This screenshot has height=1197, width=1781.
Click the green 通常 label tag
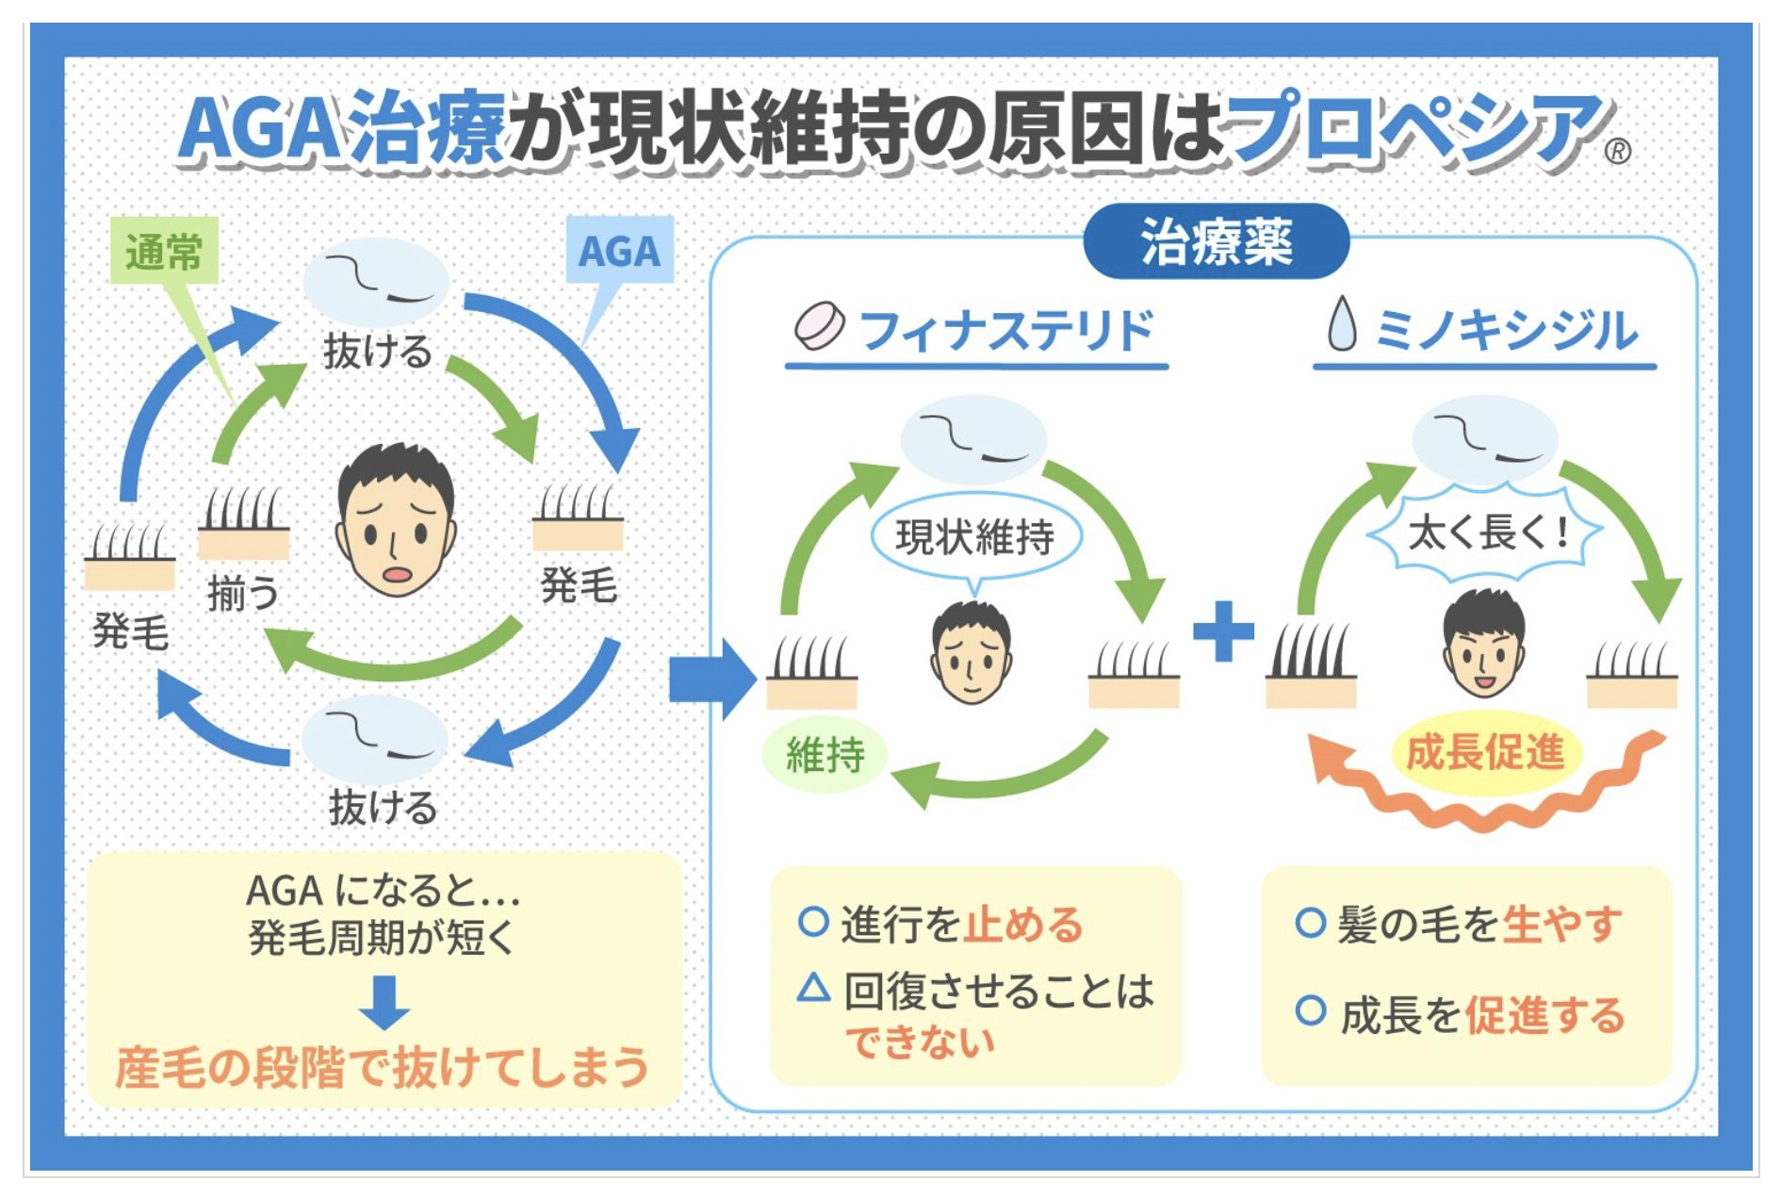pos(164,251)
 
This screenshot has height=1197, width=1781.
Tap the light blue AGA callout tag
pos(619,250)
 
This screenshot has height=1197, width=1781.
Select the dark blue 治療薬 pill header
pos(1216,242)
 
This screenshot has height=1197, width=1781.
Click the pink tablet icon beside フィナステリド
pos(819,326)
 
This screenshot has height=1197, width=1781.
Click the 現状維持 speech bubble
pos(975,536)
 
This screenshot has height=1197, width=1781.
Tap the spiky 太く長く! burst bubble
pos(1485,533)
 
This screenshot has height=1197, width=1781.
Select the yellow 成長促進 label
pos(1485,753)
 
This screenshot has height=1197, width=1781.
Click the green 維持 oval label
pos(825,755)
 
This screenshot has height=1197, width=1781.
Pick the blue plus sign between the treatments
pos(1223,631)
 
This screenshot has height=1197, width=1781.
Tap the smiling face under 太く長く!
pos(1483,644)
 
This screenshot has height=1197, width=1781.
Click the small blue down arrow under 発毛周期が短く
pos(384,1002)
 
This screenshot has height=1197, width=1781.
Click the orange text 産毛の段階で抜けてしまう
pos(383,1067)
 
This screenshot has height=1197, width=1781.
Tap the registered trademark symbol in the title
pos(1617,151)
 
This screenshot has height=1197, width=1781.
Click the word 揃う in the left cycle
pos(243,594)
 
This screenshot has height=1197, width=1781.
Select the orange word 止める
pos(1022,924)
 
